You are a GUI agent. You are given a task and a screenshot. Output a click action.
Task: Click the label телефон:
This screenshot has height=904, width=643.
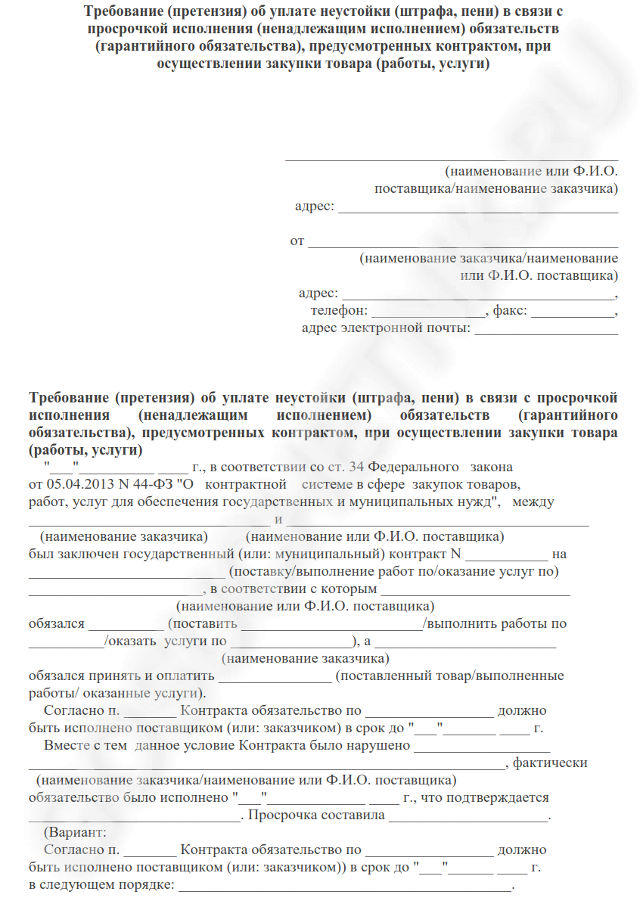(338, 311)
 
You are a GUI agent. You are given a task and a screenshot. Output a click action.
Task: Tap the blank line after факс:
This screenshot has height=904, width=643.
(573, 312)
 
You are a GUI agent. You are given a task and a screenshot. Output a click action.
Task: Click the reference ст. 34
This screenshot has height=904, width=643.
(347, 467)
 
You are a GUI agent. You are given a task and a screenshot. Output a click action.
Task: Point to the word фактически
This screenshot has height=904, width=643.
(550, 763)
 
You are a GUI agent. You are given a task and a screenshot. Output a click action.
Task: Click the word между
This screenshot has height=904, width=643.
(534, 502)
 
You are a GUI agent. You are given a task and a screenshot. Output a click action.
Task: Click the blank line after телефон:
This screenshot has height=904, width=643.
(429, 312)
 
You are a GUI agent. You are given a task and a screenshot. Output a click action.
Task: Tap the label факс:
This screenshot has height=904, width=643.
(510, 311)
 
